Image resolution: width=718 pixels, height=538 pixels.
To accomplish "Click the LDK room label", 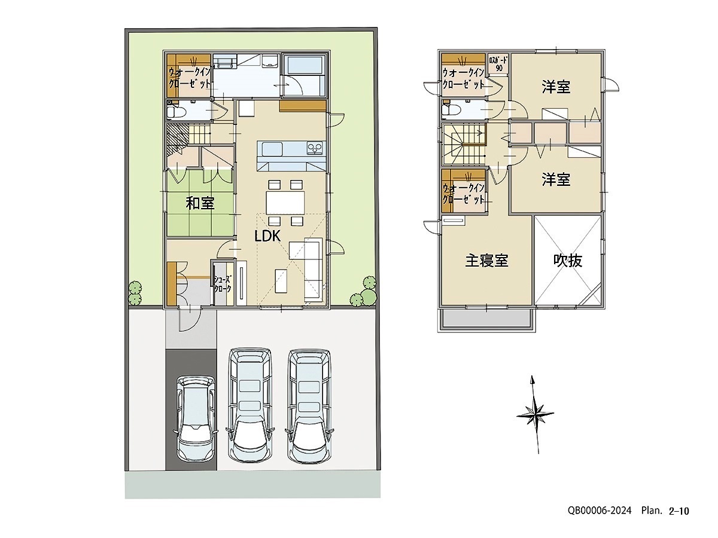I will pyautogui.click(x=267, y=236).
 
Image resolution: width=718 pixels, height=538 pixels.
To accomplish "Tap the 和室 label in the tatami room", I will pyautogui.click(x=200, y=203).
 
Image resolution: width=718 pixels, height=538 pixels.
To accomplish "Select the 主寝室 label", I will pyautogui.click(x=486, y=261).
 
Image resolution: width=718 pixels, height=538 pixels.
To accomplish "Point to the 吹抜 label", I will pyautogui.click(x=567, y=261).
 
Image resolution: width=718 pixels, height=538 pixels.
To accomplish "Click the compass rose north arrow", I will pyautogui.click(x=535, y=411).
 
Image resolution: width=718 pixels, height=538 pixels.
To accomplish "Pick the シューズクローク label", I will pyautogui.click(x=223, y=283).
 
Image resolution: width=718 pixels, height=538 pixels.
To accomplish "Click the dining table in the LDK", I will pyautogui.click(x=285, y=202).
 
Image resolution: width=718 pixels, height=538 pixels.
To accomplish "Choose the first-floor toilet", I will pyautogui.click(x=173, y=111).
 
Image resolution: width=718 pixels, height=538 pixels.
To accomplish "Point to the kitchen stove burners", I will pyautogui.click(x=315, y=147).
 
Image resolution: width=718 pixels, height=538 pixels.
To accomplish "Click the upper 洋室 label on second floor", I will pyautogui.click(x=556, y=87).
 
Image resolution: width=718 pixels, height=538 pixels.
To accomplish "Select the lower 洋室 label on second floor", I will pyautogui.click(x=556, y=179).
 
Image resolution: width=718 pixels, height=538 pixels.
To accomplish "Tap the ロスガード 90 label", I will pyautogui.click(x=498, y=63).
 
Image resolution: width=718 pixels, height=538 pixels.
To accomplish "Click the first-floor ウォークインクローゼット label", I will pyautogui.click(x=190, y=78).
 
